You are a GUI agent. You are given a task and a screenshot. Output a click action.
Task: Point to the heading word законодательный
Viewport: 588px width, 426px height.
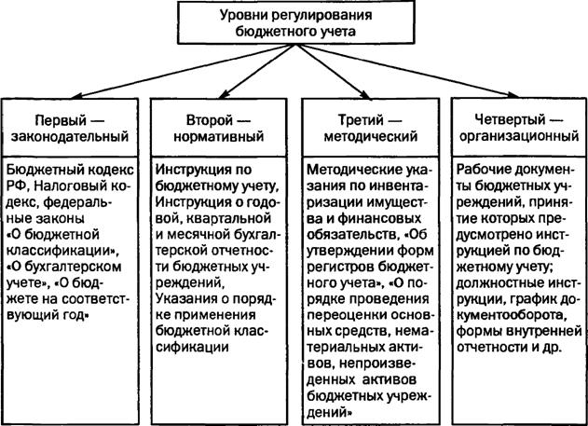point(70,137)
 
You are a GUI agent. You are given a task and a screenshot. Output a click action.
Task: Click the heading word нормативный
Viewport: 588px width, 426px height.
point(219,137)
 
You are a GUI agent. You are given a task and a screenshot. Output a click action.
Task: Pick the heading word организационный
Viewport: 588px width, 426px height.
point(519,137)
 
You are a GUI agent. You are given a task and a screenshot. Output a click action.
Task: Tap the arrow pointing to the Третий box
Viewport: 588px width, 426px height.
point(333,71)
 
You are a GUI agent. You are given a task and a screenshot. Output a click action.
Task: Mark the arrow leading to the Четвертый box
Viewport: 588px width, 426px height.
point(407,71)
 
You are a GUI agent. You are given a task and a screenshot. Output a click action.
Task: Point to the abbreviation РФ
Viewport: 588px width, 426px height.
point(15,186)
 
